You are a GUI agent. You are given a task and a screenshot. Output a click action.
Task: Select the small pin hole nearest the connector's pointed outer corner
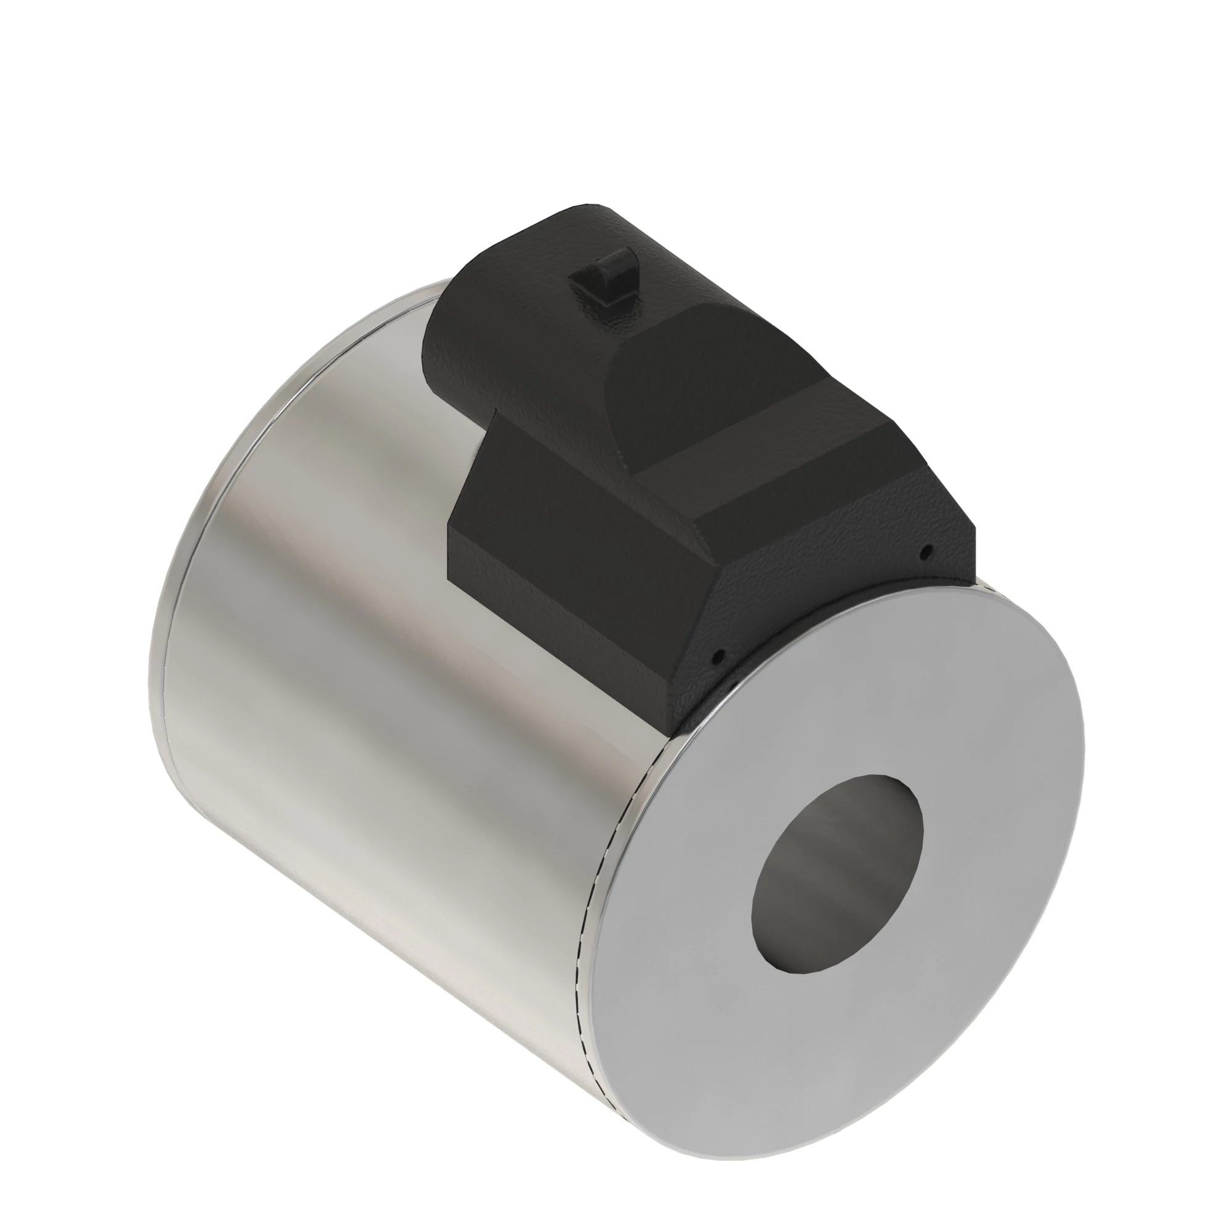pos(928,549)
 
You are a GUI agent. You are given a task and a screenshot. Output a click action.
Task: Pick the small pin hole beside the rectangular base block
pos(719,654)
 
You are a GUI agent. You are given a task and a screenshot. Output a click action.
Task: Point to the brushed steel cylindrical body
pos(382,637)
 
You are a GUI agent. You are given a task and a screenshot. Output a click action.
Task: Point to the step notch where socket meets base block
pos(494,414)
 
